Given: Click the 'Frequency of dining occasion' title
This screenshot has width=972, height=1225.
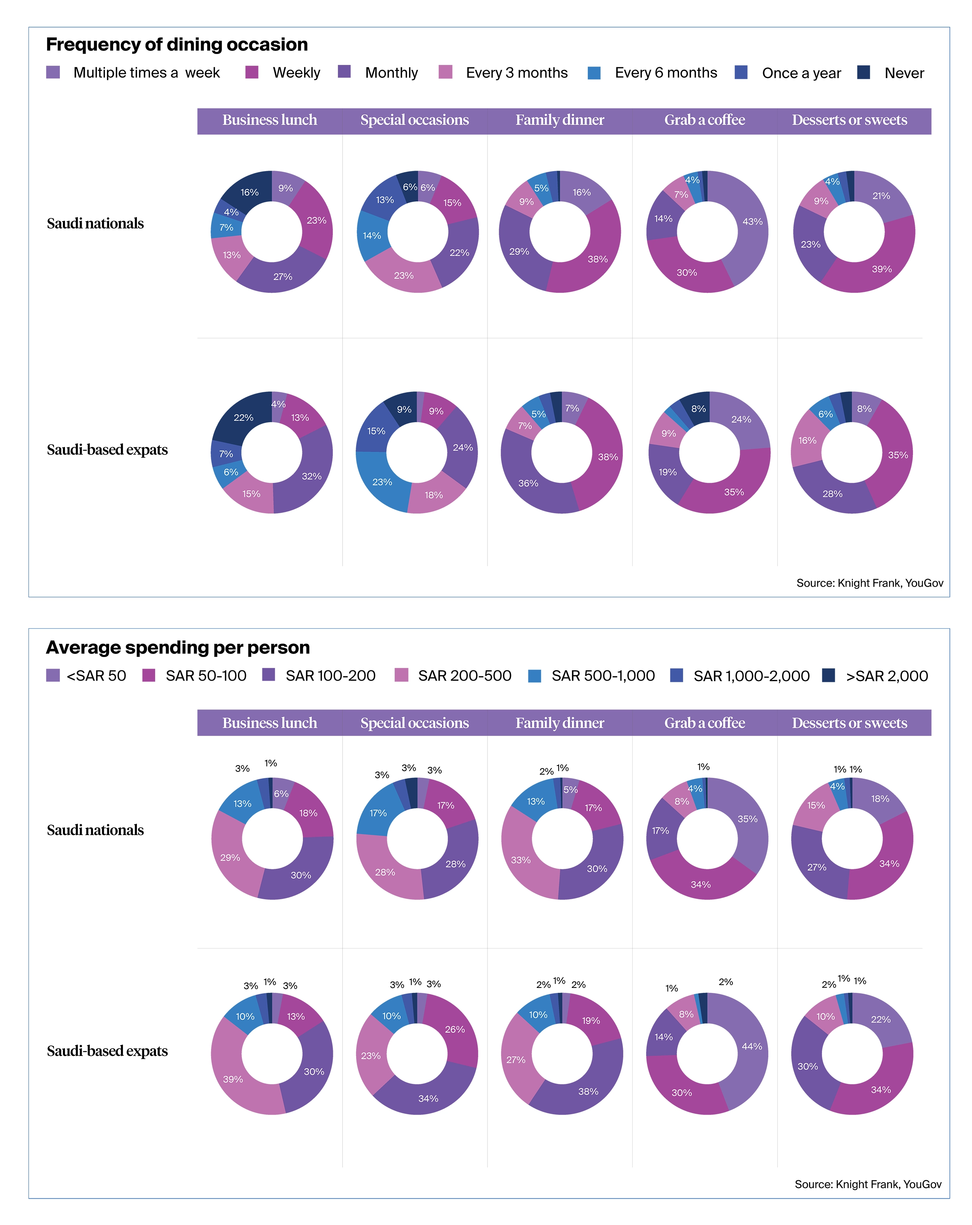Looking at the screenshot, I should (177, 44).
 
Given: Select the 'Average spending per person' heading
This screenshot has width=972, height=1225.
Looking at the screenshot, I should (178, 647).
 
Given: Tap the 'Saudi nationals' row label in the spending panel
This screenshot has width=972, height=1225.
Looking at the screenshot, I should (95, 830).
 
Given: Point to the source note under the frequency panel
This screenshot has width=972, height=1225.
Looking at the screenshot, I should (869, 583).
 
